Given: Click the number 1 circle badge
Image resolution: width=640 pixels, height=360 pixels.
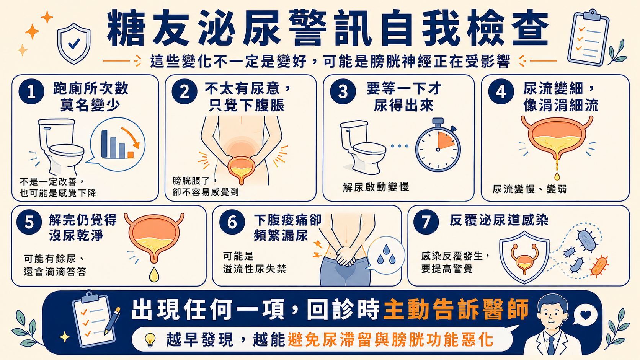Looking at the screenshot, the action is click(x=31, y=92).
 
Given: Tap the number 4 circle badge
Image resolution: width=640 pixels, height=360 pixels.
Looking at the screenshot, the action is click(x=501, y=92).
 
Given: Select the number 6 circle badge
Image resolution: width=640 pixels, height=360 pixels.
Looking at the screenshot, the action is click(x=232, y=222).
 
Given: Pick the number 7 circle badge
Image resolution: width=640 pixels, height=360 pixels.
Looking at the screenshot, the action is click(x=426, y=222).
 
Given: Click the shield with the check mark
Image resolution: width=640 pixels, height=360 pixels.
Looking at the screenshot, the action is click(x=74, y=43).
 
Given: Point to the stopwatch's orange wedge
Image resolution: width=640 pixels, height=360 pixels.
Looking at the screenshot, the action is click(x=445, y=141).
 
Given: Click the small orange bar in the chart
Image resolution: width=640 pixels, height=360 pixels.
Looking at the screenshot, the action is click(x=131, y=155).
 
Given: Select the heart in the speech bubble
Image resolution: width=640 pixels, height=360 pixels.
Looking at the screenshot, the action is click(x=586, y=315).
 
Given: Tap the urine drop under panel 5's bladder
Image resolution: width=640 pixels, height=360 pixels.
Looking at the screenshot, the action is click(x=154, y=274).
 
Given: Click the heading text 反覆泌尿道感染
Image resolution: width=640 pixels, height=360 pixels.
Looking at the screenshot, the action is click(x=499, y=220).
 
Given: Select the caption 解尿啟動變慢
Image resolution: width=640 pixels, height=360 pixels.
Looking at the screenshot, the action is click(x=376, y=187).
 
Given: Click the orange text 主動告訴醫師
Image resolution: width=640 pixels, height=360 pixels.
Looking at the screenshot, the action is click(x=456, y=310).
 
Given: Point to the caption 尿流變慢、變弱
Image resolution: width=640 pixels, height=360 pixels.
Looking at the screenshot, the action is click(x=529, y=189).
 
